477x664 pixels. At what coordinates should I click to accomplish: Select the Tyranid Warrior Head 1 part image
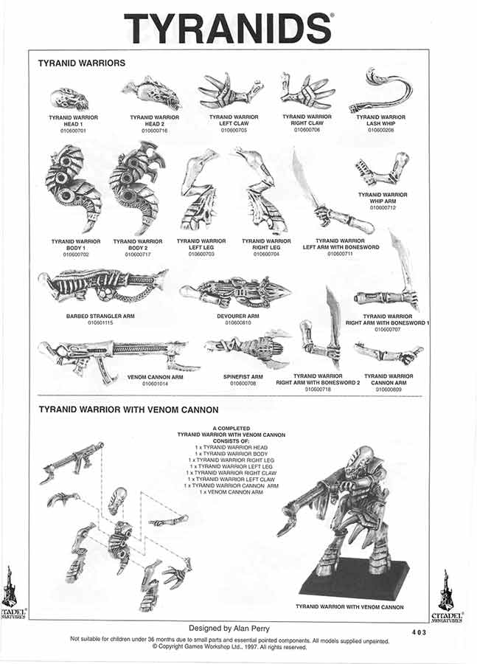(x=70, y=99)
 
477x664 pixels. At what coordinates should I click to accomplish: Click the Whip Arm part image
(x=381, y=171)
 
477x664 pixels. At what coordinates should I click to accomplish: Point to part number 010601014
(x=156, y=384)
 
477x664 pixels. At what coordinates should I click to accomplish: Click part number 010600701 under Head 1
(x=74, y=131)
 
